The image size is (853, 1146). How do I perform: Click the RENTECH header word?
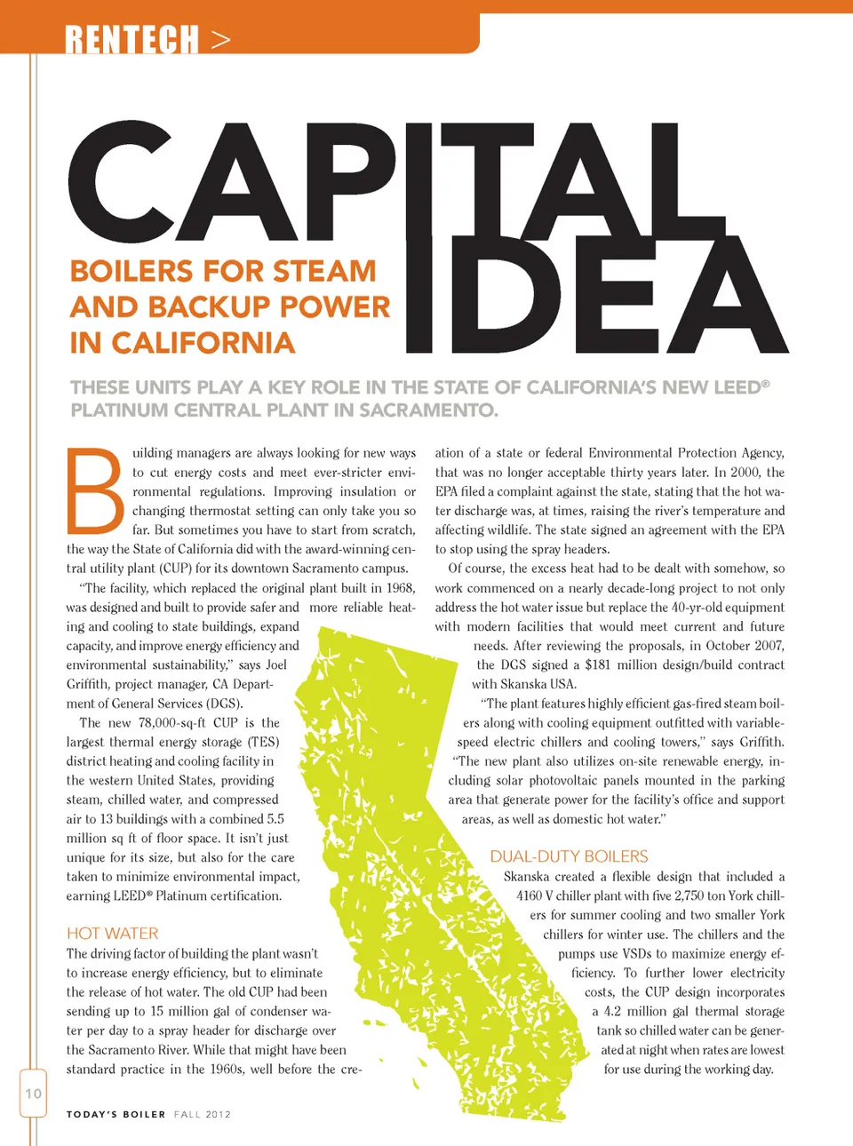[132, 40]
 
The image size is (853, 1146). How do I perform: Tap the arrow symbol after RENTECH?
[221, 40]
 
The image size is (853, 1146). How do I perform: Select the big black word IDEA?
[595, 298]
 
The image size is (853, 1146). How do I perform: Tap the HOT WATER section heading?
[112, 934]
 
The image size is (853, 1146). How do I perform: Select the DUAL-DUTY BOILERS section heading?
[569, 856]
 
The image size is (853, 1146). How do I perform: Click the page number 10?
[33, 1094]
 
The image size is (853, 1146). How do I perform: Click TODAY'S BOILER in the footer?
[116, 1114]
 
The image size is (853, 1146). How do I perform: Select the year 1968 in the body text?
[400, 588]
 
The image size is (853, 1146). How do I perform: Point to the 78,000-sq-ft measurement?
[172, 723]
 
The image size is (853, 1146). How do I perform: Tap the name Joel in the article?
[276, 665]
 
